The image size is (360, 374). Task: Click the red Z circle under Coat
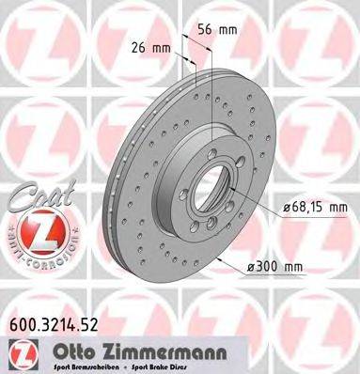click(x=37, y=233)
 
